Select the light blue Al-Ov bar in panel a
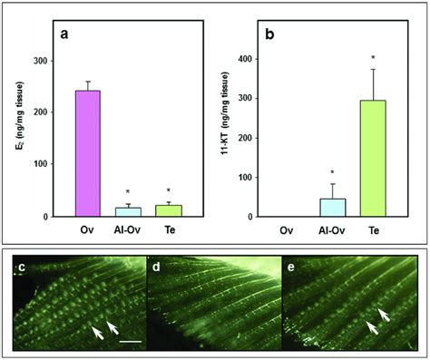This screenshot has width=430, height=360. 128,211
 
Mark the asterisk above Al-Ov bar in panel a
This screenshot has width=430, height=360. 128,192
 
